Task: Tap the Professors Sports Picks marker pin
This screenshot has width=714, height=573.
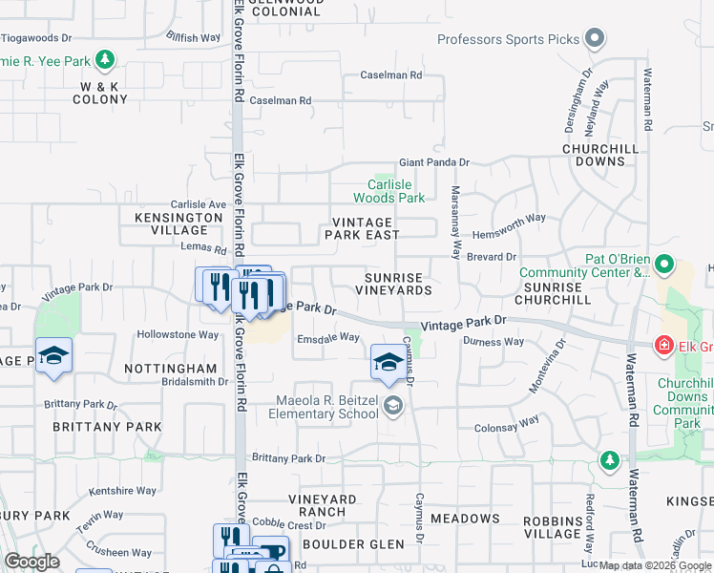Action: point(595,39)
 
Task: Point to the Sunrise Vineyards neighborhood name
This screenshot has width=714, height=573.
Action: point(399,283)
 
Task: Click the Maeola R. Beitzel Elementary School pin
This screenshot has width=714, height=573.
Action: point(392,407)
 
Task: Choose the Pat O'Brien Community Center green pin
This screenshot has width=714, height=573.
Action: point(664,265)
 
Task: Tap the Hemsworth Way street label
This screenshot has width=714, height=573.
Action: point(511,219)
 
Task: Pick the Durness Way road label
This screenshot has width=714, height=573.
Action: point(493,341)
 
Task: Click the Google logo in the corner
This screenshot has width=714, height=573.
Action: point(31,562)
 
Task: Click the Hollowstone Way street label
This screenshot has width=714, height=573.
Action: point(178,335)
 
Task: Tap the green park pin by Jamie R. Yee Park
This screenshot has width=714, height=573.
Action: point(105,61)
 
